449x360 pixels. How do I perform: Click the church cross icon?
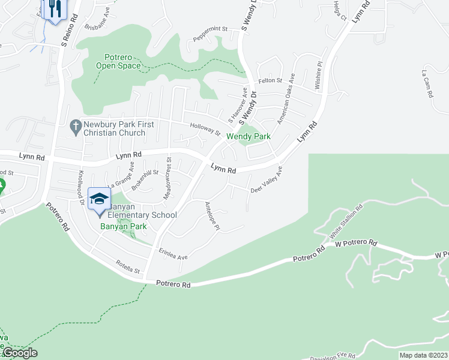76,126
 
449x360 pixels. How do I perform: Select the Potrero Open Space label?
118,61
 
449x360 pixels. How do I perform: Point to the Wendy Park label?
248,137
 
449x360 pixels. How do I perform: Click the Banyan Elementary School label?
142,215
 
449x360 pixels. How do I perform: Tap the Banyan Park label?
128,227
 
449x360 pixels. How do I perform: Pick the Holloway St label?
205,128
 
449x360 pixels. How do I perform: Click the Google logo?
20,353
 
